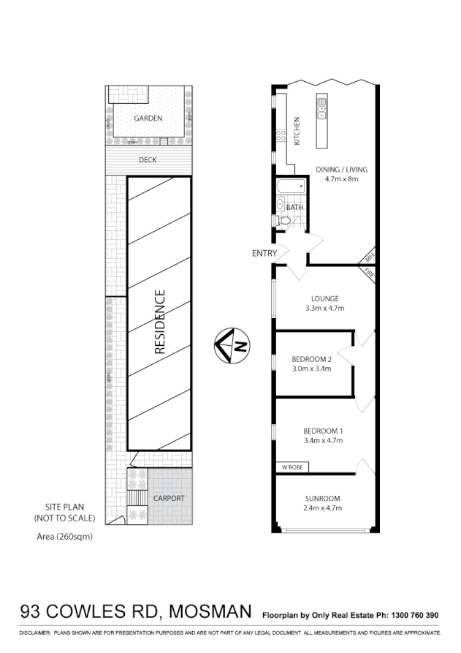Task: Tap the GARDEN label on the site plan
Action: pos(148,118)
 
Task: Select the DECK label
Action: pos(148,160)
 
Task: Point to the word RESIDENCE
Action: pos(161,322)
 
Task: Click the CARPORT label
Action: pos(168,498)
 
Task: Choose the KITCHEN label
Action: pos(297,132)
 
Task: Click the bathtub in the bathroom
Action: pos(290,187)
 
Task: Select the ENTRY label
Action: pos(264,254)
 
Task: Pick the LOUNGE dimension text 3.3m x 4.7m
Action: pos(325,309)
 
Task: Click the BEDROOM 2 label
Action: pos(312,359)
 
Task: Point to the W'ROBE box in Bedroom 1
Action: pos(290,467)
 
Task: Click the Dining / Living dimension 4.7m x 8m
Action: pos(342,179)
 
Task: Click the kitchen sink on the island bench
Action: pos(321,110)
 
